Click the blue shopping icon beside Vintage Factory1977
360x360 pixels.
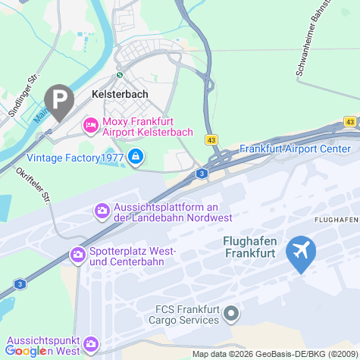coord(136,157)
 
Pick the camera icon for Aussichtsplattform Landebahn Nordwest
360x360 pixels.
coord(102,210)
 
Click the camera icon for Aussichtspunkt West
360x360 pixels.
coord(91,344)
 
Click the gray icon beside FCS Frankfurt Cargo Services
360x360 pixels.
coord(233,313)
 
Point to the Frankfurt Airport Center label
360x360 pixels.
coord(295,149)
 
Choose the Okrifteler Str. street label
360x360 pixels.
coord(34,186)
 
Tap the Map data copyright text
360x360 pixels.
coord(275,354)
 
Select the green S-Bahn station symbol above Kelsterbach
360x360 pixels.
coord(119,75)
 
